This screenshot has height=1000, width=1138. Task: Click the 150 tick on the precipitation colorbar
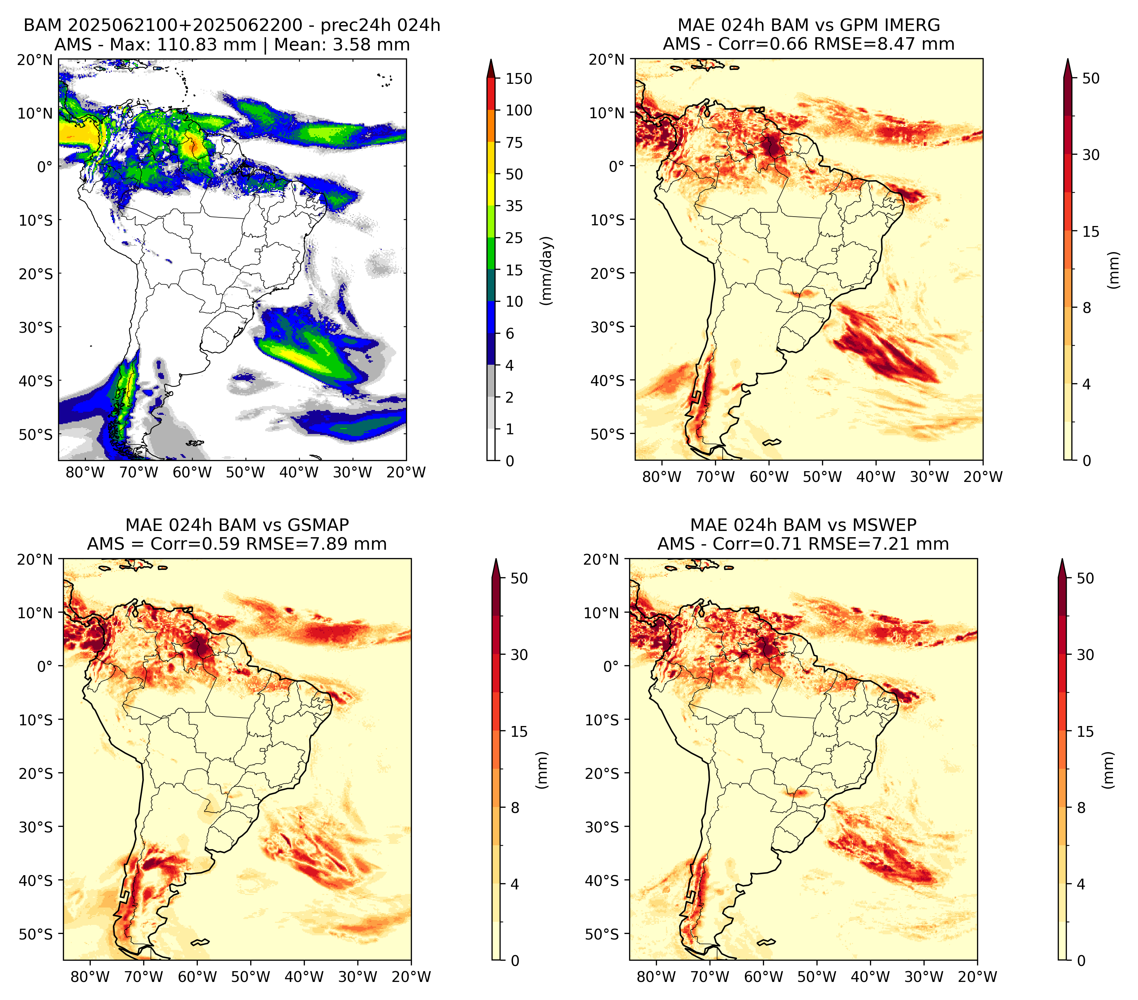518,79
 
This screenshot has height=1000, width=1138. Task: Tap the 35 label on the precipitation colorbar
514,206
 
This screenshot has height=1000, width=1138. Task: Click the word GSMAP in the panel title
318,525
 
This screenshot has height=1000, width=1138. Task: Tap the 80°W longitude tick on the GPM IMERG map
661,477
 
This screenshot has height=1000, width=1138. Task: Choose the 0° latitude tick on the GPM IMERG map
617,166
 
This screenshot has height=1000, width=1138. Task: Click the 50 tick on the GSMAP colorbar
518,579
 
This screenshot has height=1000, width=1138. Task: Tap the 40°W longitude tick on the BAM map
299,473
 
